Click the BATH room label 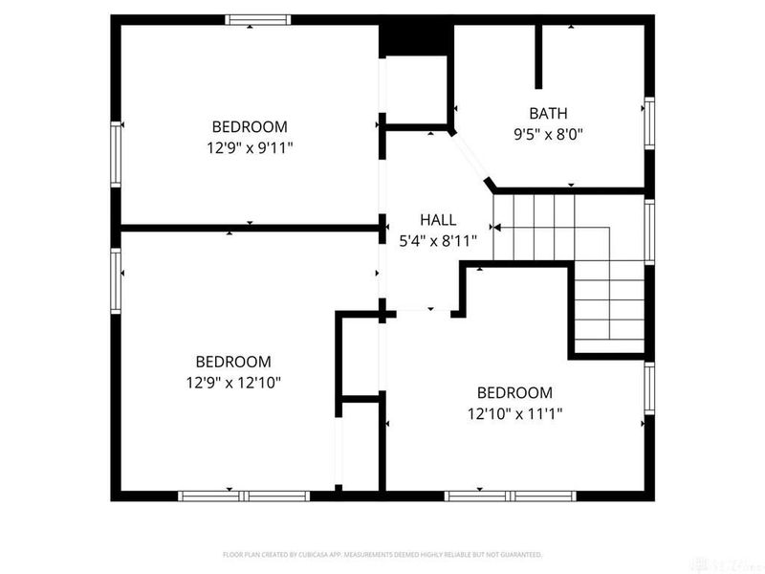coord(549,112)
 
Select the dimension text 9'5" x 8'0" coord(549,134)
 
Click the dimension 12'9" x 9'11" coord(250,148)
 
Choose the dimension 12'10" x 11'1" coord(514,414)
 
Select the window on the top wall coord(257,19)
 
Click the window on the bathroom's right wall coord(649,125)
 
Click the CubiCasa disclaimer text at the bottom coord(382,554)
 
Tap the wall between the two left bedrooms coord(250,228)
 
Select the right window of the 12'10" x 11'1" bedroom coord(649,389)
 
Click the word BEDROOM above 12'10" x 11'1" coord(514,392)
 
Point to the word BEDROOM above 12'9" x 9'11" coord(250,126)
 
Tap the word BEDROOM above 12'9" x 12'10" coord(233,362)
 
